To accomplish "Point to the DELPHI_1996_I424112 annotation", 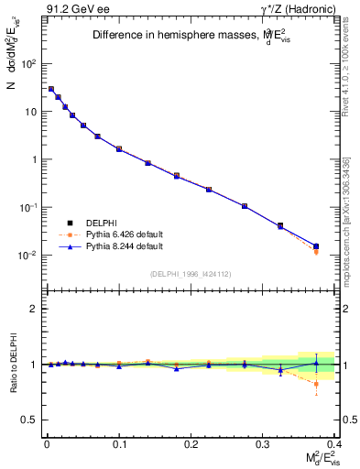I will click(191, 273).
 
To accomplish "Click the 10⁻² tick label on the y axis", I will click(26, 255).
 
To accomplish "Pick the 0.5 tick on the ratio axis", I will click(28, 420).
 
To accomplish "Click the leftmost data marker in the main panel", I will click(51, 89).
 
